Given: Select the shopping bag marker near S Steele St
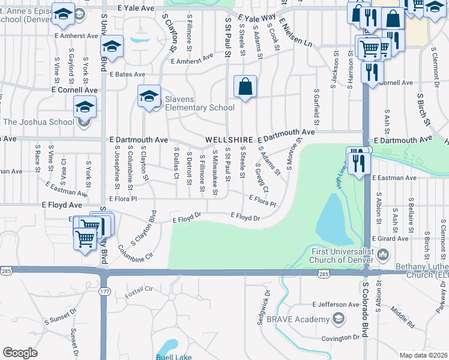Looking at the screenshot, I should click(245, 87).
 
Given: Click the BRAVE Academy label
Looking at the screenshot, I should click(298, 319).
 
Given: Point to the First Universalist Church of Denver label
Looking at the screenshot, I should click(341, 256).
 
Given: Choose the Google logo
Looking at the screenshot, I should click(20, 353).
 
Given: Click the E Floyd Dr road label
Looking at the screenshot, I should click(245, 217).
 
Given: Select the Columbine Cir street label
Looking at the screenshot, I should click(131, 254).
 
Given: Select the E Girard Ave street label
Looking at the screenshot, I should click(393, 239).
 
